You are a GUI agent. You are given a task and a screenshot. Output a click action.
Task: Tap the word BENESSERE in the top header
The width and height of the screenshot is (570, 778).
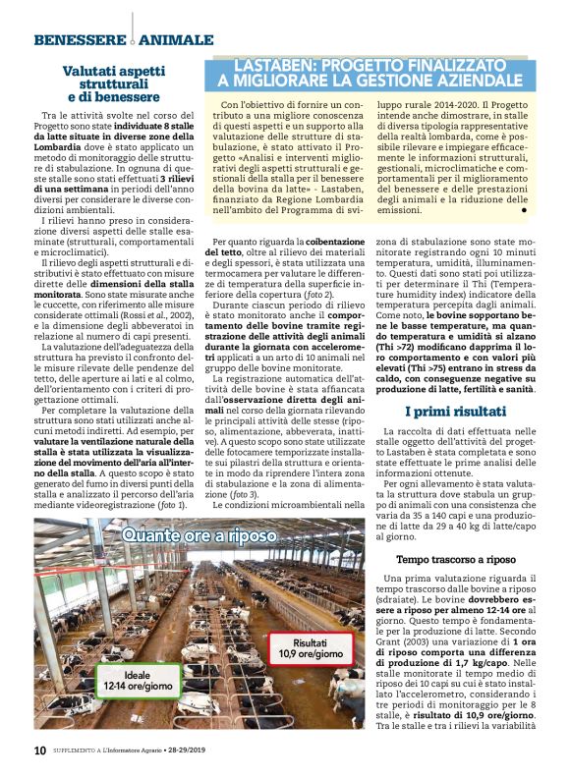click(79, 40)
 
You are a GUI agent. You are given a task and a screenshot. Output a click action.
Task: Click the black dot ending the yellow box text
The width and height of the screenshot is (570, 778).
click(524, 209)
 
